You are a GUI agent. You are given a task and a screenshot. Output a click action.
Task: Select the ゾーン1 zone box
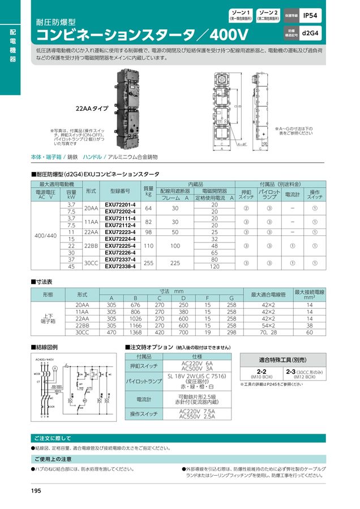241,15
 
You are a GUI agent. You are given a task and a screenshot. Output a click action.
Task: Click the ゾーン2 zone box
268,15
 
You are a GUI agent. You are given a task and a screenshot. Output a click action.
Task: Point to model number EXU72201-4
120,204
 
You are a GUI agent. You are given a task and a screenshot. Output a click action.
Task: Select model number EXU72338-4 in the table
120,266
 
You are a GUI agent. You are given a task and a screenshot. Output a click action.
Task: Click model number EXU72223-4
120,232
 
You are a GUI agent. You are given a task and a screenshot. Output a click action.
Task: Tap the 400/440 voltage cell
46,235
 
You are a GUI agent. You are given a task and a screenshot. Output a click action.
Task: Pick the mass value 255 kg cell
149,262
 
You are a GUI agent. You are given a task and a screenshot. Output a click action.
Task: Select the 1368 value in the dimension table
135,333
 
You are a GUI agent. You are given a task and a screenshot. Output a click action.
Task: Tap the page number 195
36,490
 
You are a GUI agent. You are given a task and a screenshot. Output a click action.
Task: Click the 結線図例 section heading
45,347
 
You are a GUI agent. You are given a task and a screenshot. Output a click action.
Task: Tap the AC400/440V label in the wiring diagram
45,360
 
